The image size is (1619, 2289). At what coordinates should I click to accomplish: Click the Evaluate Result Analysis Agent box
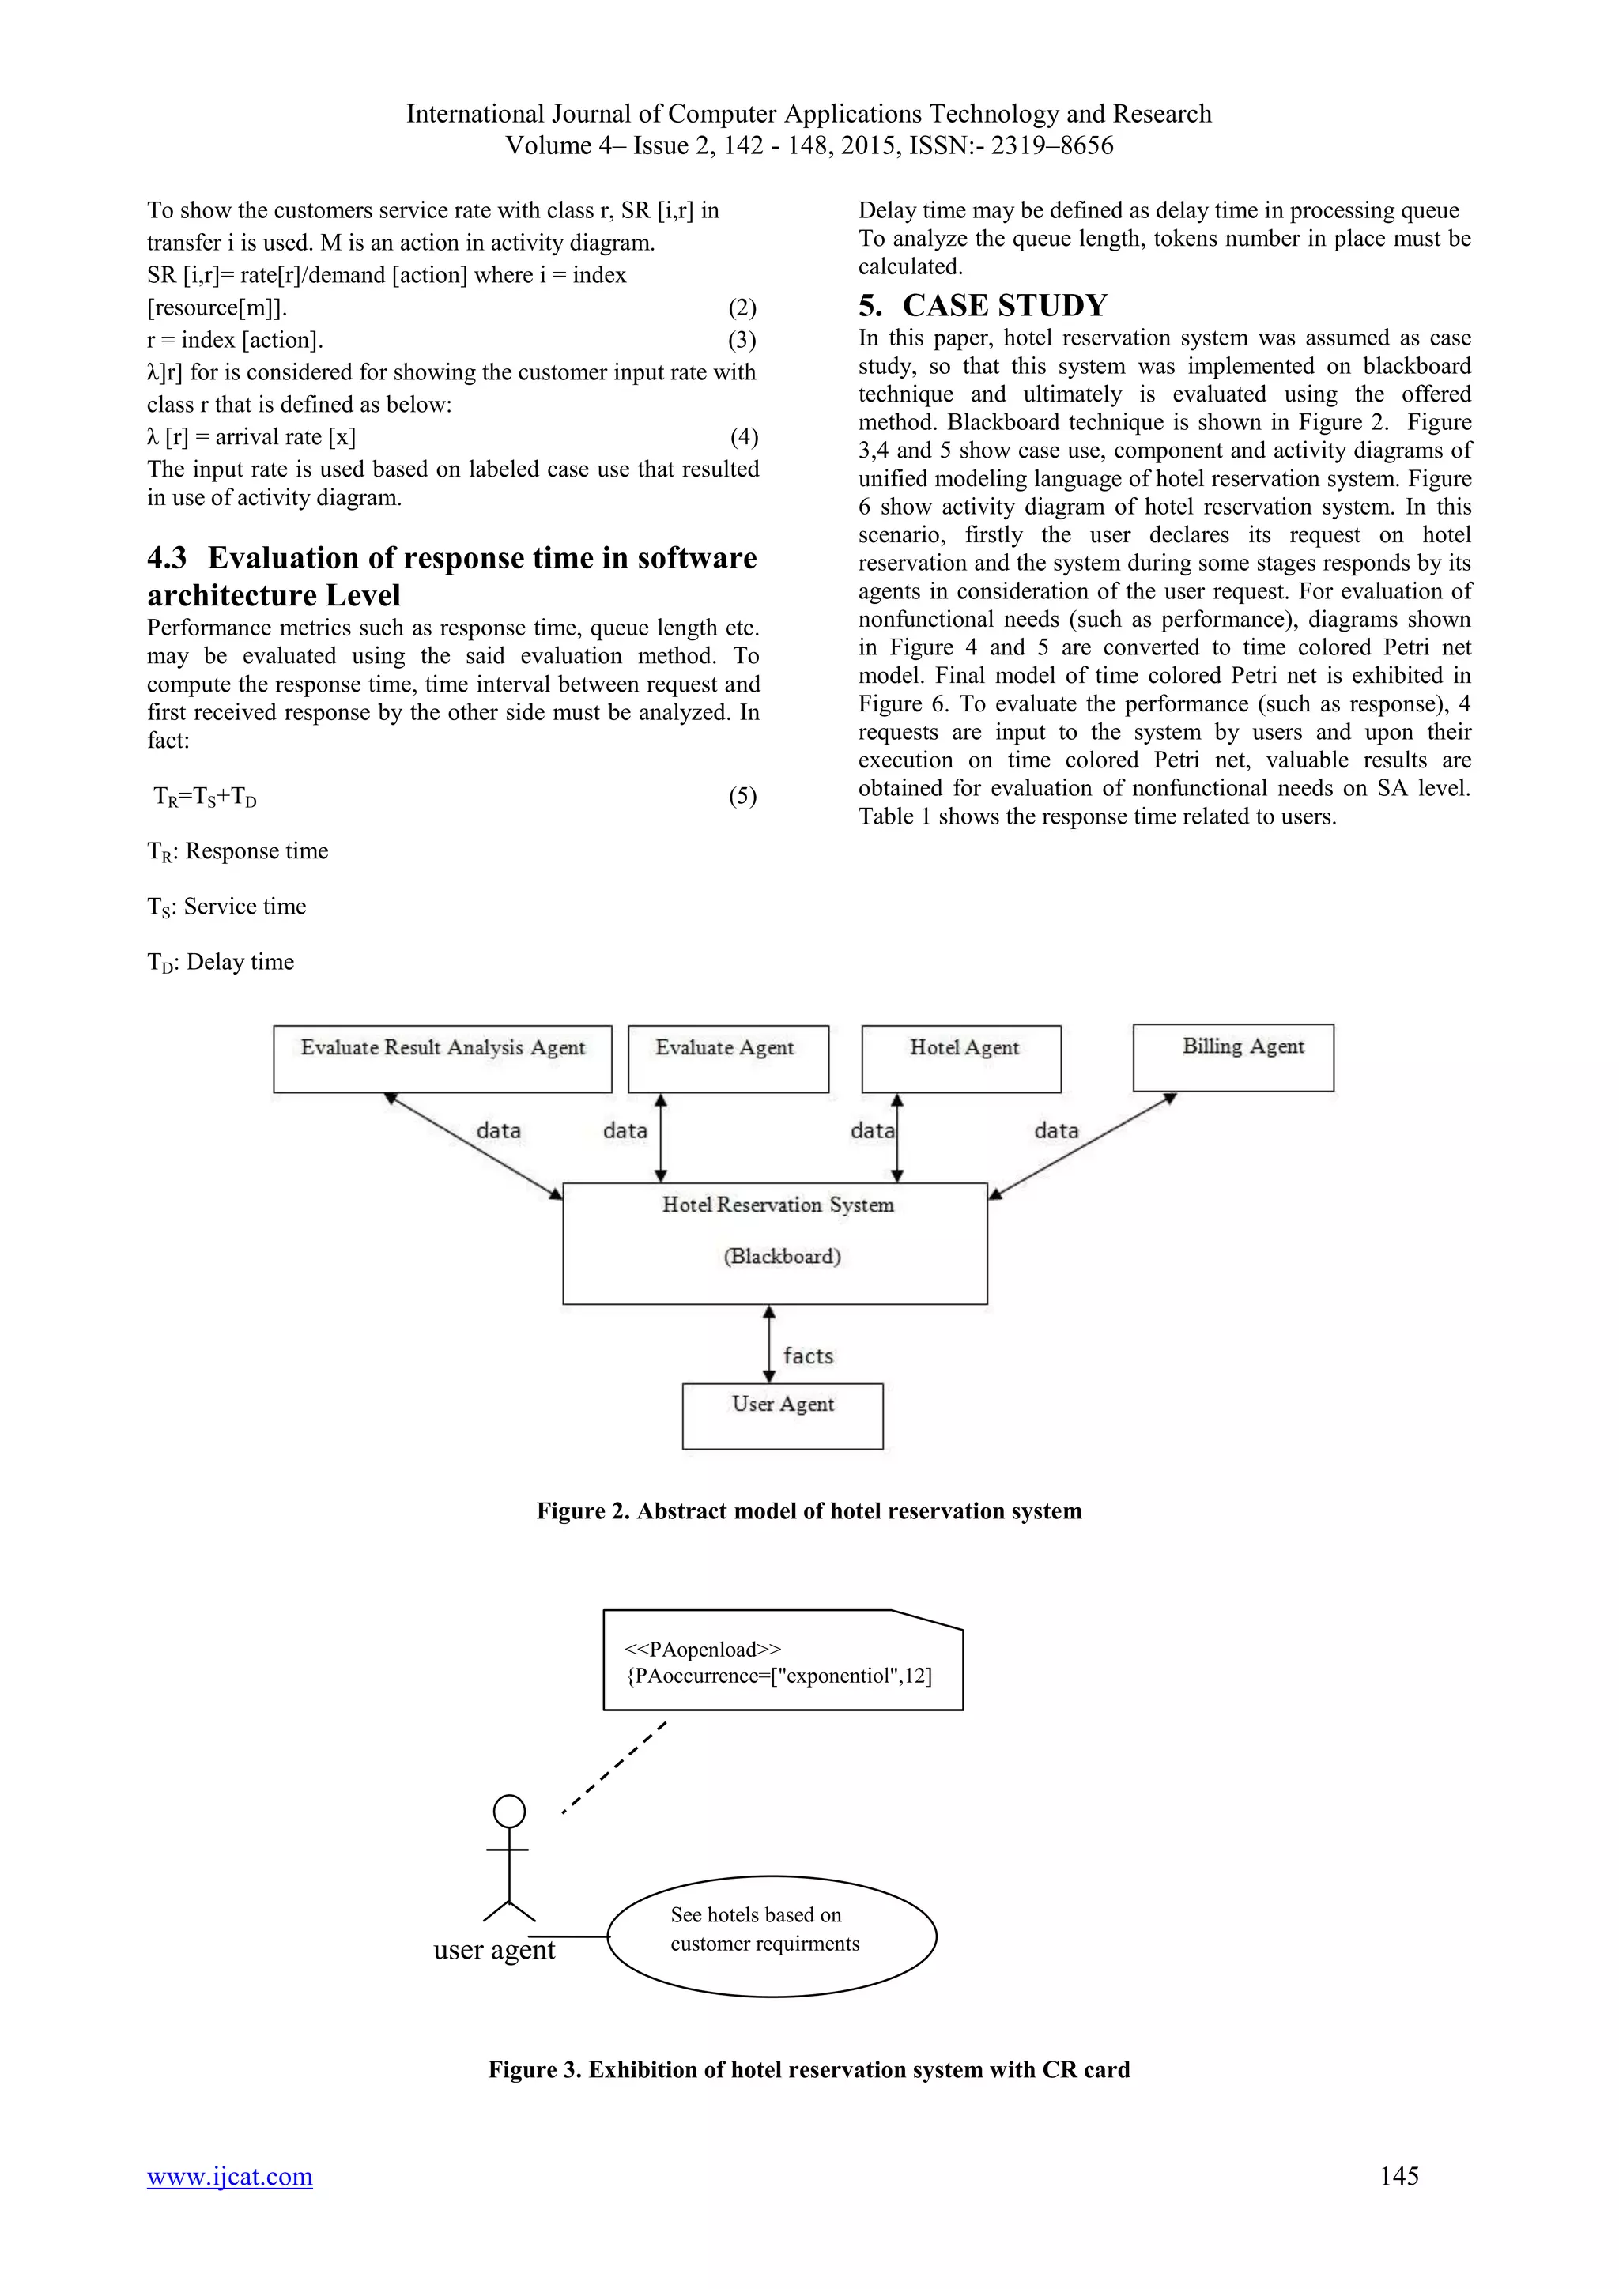tap(443, 1059)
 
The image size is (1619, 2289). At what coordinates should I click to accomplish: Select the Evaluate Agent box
tap(728, 1059)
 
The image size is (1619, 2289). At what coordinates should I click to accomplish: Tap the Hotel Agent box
tap(961, 1059)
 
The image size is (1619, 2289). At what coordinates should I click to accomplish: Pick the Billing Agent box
tap(1233, 1057)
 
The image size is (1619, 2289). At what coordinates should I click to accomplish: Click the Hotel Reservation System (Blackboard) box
tap(775, 1243)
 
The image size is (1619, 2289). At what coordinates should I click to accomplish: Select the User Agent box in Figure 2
tap(783, 1415)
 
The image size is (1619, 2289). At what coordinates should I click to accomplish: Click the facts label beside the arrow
tap(807, 1356)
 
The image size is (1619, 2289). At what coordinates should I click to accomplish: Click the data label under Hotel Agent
tap(872, 1130)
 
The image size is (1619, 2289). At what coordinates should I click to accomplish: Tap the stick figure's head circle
tap(509, 1811)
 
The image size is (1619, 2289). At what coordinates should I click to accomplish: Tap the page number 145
tap(1398, 2175)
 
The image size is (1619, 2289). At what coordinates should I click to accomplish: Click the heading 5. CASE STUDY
tap(983, 305)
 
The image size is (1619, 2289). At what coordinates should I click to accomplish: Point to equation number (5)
tap(742, 796)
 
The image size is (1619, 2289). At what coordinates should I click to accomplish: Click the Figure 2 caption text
tap(809, 1510)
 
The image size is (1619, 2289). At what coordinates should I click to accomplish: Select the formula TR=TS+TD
tap(206, 797)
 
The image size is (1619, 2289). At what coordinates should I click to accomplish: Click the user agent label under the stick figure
tap(493, 1950)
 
